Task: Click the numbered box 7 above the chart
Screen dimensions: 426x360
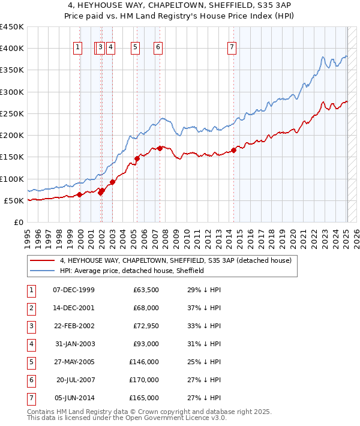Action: (232, 48)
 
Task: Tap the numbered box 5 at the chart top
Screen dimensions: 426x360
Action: (134, 48)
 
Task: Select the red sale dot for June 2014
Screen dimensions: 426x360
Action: (234, 151)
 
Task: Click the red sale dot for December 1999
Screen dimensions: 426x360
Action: (80, 194)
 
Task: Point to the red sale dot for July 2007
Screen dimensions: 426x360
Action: (160, 148)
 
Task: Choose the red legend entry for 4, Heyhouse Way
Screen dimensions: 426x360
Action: (175, 260)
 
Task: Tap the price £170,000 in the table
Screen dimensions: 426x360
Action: (144, 380)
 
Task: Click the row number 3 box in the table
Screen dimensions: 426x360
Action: (32, 326)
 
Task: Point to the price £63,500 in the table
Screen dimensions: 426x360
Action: (146, 290)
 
